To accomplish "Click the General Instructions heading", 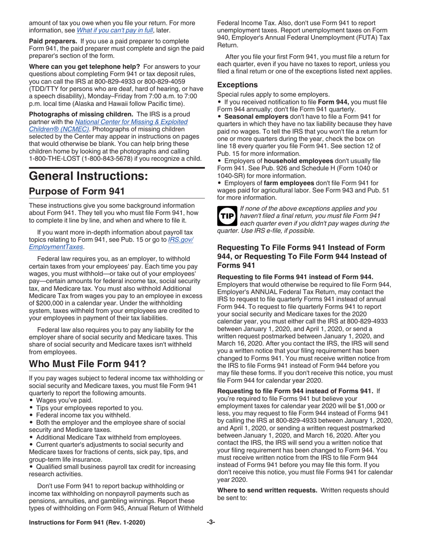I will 88,176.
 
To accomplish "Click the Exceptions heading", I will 237,84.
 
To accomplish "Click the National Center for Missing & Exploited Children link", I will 131,125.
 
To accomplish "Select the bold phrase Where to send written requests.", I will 267,490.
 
